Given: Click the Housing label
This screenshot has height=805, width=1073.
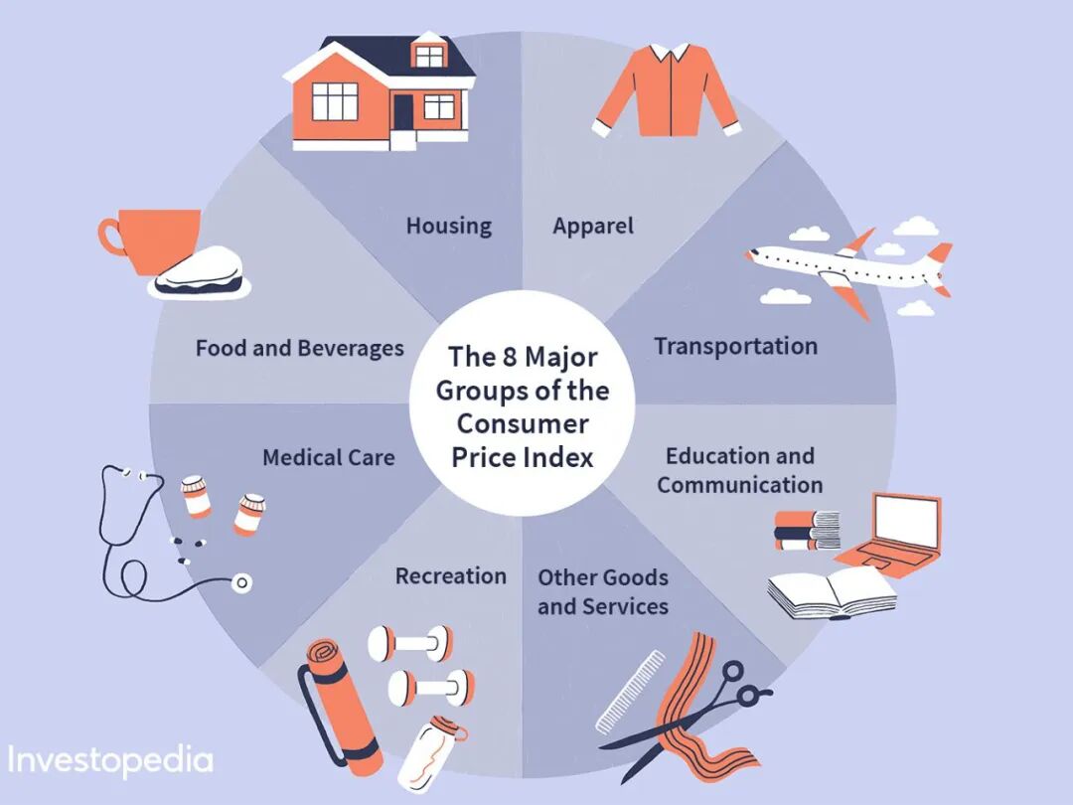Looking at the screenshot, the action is point(448,226).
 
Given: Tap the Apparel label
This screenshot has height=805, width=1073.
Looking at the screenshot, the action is point(593,226).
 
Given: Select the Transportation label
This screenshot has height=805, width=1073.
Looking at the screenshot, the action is point(735,346).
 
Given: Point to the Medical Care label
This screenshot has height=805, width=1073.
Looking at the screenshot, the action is point(328,457).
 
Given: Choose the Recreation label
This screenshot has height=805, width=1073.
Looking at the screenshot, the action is point(450,576).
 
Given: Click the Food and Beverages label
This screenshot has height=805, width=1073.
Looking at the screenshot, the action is point(299,348).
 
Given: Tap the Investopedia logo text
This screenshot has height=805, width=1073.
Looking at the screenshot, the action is point(109,760).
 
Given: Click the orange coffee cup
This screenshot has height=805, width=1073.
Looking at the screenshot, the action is point(159,239).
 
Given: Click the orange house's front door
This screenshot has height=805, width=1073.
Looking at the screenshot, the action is point(402,114).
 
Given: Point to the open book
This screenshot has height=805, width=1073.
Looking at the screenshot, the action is point(833,593).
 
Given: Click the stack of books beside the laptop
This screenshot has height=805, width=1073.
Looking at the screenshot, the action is point(807,530).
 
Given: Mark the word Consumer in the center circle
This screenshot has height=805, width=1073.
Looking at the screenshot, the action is point(523,423).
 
